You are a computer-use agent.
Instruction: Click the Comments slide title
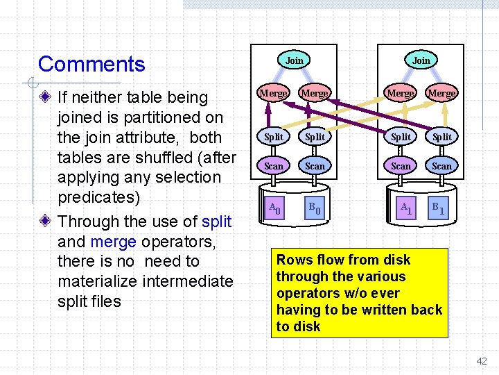tap(91, 65)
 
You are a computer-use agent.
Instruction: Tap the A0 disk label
tap(275, 207)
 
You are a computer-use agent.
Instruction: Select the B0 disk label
tap(315, 207)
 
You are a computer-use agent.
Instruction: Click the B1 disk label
tap(439, 207)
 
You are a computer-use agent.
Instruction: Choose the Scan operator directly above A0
tap(274, 167)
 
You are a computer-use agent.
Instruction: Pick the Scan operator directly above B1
tap(441, 167)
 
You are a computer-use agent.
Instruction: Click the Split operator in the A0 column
tap(274, 137)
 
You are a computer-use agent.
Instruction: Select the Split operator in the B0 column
tap(315, 137)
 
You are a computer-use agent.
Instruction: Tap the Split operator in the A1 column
tap(401, 137)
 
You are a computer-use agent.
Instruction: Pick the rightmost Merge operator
tap(441, 93)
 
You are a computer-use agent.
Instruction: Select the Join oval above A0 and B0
tap(295, 60)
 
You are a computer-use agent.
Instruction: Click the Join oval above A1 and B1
tap(421, 60)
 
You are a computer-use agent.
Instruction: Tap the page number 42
tap(482, 361)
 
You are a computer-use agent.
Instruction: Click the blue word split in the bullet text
tap(216, 222)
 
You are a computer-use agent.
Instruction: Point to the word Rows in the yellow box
tap(294, 260)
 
